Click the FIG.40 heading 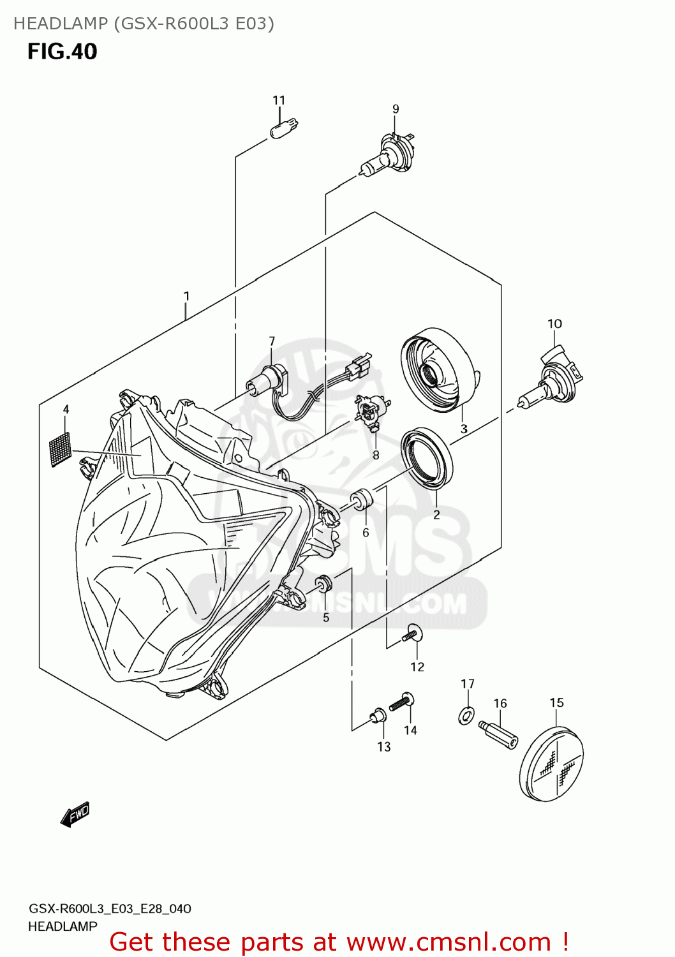click(x=62, y=51)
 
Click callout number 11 click(x=279, y=100)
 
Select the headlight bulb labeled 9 click(x=387, y=157)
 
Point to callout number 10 click(x=554, y=323)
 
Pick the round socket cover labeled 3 click(x=439, y=368)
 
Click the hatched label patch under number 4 click(x=60, y=449)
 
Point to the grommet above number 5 click(x=324, y=583)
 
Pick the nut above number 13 click(x=378, y=717)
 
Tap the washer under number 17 click(x=467, y=715)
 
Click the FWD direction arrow click(x=75, y=815)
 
